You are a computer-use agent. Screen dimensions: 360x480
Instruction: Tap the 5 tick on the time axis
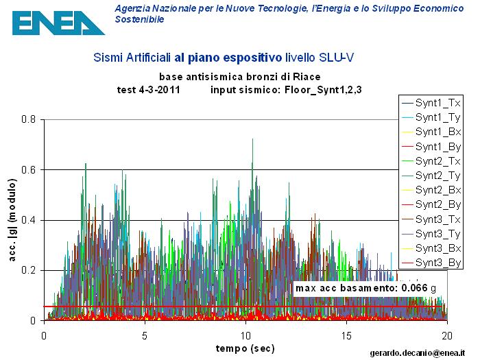point(145,336)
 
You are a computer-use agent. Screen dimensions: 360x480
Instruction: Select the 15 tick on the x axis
point(346,336)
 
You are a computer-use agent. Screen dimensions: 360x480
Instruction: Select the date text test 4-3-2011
point(149,89)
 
